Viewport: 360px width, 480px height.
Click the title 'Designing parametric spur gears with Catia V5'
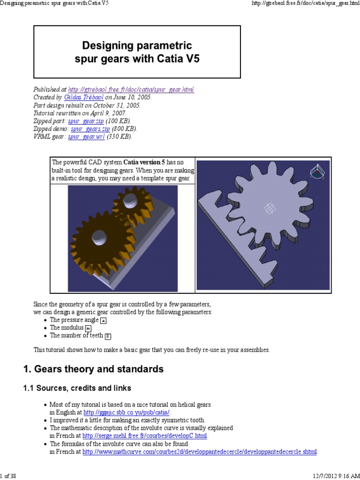(137, 52)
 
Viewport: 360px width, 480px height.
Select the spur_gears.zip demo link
(90, 128)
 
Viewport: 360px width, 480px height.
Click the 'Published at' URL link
(131, 90)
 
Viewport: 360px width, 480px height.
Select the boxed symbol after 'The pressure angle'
(104, 320)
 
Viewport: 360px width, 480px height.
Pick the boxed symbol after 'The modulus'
(88, 328)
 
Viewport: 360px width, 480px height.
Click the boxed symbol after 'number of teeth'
(108, 336)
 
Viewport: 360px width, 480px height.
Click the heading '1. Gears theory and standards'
(93, 369)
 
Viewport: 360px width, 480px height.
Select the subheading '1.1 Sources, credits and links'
(77, 388)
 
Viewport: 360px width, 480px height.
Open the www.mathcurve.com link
(200, 452)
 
